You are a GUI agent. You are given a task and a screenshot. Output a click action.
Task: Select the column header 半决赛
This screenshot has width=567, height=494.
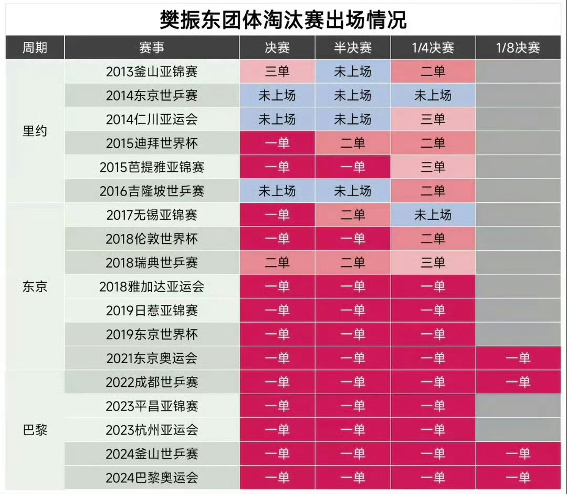(x=353, y=48)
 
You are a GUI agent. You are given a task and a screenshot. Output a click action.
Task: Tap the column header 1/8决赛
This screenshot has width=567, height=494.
(x=518, y=48)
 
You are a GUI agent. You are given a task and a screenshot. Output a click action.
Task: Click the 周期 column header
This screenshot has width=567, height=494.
(x=35, y=48)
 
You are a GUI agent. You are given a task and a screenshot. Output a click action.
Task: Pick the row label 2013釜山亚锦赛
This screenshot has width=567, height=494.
(x=152, y=71)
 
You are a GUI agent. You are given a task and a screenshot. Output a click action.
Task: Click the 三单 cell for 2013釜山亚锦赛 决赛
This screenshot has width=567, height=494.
(x=277, y=71)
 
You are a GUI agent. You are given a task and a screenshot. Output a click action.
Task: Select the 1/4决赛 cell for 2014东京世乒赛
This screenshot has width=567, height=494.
(x=433, y=96)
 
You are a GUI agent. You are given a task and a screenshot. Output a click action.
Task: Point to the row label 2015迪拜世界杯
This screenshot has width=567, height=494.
(x=152, y=143)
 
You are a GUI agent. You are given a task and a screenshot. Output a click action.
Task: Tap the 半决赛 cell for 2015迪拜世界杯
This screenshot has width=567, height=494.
(x=353, y=143)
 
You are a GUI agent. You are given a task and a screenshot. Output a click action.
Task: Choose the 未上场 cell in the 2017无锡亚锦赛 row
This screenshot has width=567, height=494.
(x=433, y=215)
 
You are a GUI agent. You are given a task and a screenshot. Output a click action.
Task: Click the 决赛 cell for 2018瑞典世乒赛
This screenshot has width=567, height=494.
(x=277, y=262)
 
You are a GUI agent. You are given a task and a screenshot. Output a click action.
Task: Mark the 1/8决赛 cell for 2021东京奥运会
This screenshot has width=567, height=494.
(x=518, y=358)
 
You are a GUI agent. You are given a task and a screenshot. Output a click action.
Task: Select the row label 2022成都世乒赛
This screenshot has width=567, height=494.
(x=152, y=382)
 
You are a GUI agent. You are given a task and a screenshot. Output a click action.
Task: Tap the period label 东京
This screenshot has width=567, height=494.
(x=35, y=286)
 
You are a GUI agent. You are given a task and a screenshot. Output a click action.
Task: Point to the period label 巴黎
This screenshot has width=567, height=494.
(x=35, y=430)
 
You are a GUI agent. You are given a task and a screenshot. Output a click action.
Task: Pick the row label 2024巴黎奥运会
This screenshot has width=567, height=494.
(x=152, y=478)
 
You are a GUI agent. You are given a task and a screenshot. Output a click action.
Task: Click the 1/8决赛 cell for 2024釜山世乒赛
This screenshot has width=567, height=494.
(x=518, y=454)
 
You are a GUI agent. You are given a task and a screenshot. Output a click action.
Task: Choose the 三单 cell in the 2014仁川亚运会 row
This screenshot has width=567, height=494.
(x=433, y=119)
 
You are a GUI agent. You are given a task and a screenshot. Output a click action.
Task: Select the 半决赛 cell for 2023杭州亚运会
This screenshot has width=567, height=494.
(x=353, y=430)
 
